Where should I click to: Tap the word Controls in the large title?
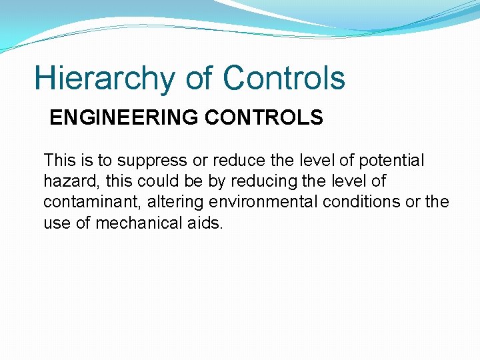[x=284, y=78]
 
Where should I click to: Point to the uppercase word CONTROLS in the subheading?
[x=264, y=118]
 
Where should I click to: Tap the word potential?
[x=391, y=161]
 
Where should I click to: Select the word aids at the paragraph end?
[x=205, y=223]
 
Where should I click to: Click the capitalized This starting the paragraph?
[x=60, y=161]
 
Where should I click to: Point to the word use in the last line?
[x=56, y=223]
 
